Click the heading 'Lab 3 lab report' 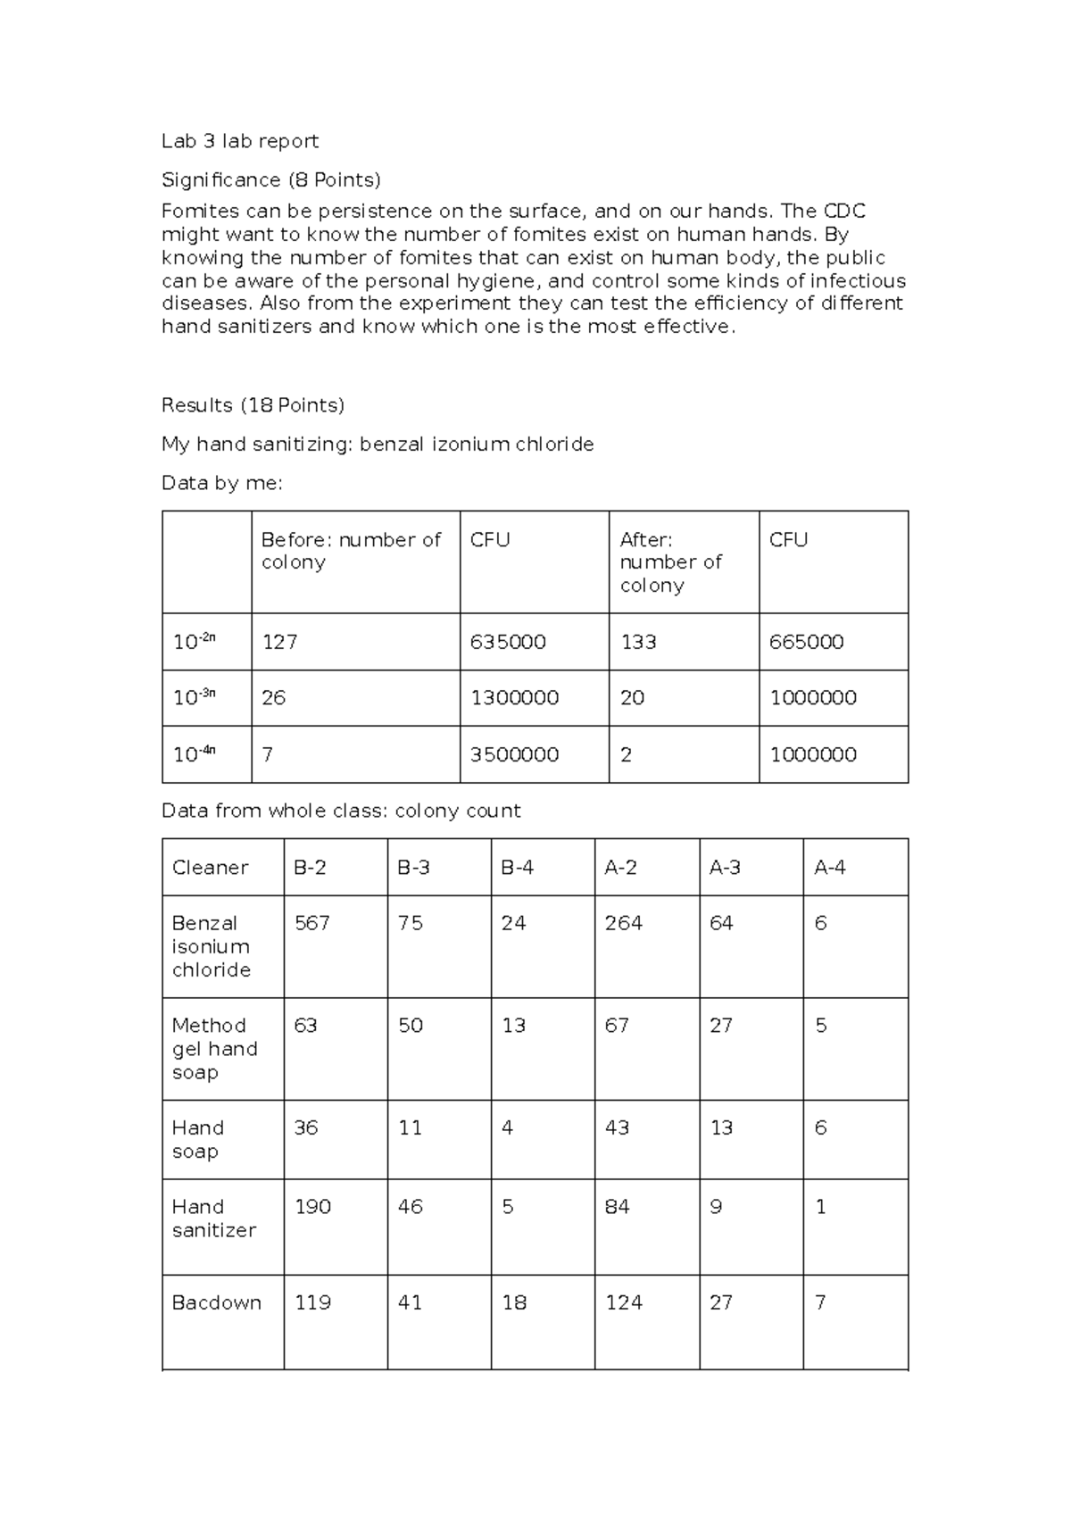pyautogui.click(x=239, y=141)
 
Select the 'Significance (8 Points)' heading pyautogui.click(x=270, y=180)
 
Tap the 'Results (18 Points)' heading pyautogui.click(x=253, y=405)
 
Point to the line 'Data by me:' pyautogui.click(x=221, y=484)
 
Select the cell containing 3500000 pyautogui.click(x=514, y=754)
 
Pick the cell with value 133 pyautogui.click(x=638, y=642)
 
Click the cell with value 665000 pyautogui.click(x=806, y=642)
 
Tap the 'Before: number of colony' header pyautogui.click(x=351, y=551)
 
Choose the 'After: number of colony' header pyautogui.click(x=670, y=562)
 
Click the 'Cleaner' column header pyautogui.click(x=210, y=868)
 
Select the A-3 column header pyautogui.click(x=725, y=868)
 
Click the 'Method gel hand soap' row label pyautogui.click(x=214, y=1049)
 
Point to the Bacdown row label pyautogui.click(x=216, y=1302)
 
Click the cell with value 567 pyautogui.click(x=311, y=923)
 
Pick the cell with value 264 pyautogui.click(x=623, y=923)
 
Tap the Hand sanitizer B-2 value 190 pyautogui.click(x=312, y=1207)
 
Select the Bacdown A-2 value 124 pyautogui.click(x=623, y=1302)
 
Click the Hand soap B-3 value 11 pyautogui.click(x=410, y=1128)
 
